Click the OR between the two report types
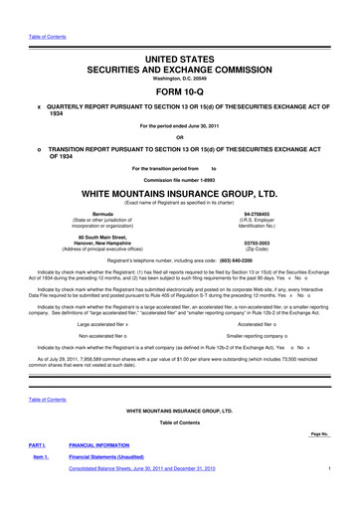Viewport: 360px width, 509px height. tap(180, 137)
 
